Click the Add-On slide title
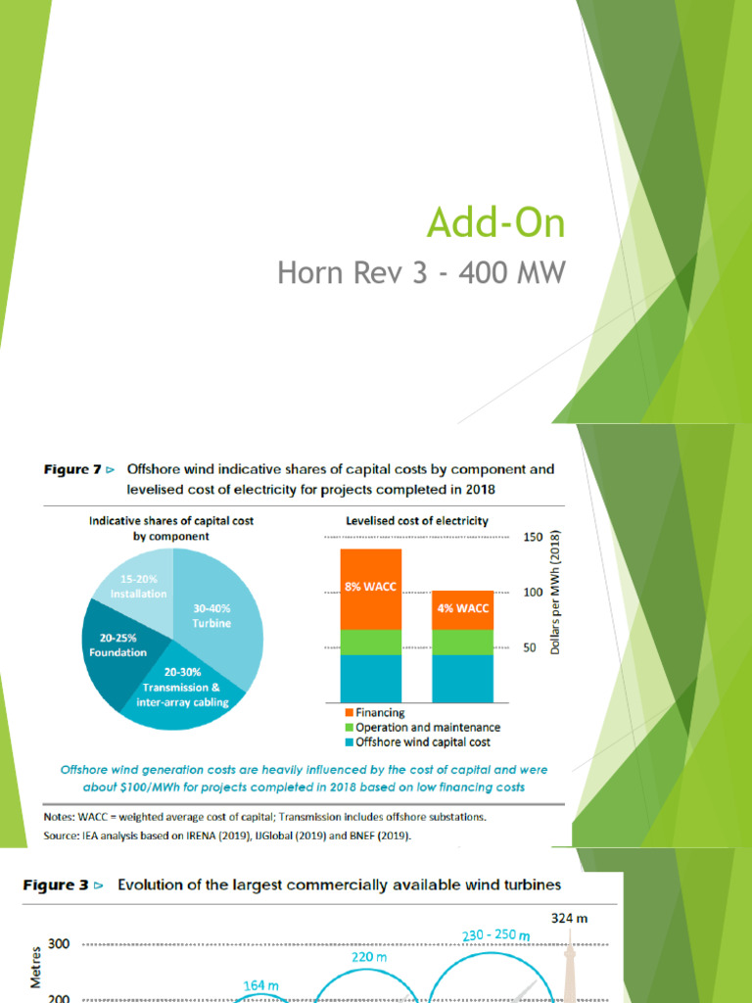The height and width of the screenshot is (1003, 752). click(495, 223)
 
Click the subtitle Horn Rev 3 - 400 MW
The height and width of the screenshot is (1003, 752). click(421, 272)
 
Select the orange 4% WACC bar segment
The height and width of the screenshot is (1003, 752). click(462, 609)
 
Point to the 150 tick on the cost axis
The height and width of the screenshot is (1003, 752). click(533, 538)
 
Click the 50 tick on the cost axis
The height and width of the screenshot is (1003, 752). click(529, 648)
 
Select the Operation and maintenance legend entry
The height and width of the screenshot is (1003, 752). click(422, 728)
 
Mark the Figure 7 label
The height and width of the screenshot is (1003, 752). click(72, 469)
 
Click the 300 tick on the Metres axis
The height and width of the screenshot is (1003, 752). click(59, 944)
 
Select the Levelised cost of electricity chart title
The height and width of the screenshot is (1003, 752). click(417, 521)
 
